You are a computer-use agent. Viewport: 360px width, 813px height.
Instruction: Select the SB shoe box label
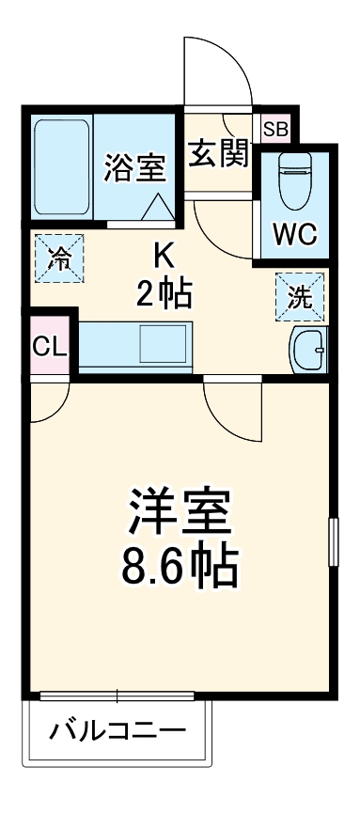[275, 130]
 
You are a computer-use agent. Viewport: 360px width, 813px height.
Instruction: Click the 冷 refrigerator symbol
[59, 258]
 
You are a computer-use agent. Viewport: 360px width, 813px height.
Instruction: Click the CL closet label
[49, 347]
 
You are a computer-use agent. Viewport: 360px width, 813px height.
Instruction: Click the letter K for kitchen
[164, 254]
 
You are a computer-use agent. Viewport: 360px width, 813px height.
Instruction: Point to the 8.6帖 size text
[180, 564]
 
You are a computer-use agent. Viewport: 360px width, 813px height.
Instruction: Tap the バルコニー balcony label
[117, 729]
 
